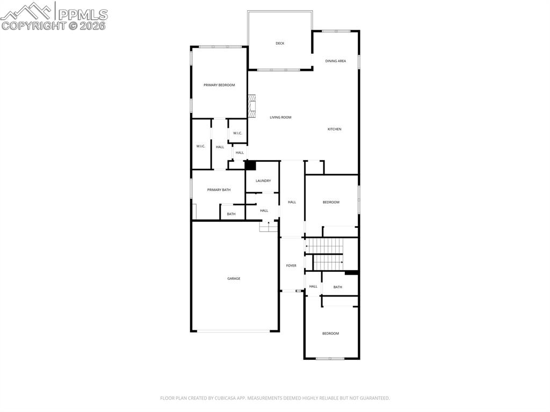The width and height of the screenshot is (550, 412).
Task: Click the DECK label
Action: click(x=280, y=44)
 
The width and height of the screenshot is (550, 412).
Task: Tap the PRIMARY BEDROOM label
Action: click(x=219, y=85)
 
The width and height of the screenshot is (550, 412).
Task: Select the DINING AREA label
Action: click(x=335, y=61)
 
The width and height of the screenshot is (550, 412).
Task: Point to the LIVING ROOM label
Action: click(x=280, y=117)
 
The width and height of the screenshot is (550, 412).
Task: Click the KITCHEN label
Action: click(x=335, y=129)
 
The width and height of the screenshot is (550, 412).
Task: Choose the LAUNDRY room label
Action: click(x=263, y=181)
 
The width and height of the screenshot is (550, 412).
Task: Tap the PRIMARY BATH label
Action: click(x=219, y=190)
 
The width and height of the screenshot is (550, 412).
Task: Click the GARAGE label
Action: click(x=234, y=278)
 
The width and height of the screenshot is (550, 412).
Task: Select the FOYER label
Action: click(x=291, y=265)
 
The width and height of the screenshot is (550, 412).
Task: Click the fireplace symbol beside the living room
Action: click(x=252, y=106)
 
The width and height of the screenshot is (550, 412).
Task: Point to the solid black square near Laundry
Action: click(x=250, y=165)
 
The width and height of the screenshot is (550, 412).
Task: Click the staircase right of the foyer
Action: click(x=325, y=254)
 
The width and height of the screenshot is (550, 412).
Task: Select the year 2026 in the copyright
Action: click(x=93, y=25)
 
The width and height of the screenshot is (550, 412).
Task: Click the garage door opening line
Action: click(x=234, y=331)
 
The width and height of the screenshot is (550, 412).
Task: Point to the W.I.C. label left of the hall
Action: click(x=201, y=146)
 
